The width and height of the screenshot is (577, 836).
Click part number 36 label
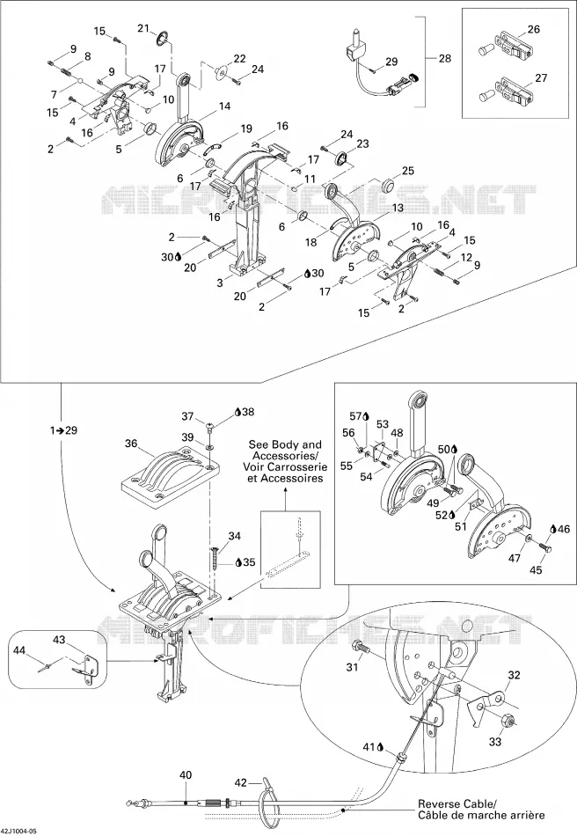[x=132, y=443]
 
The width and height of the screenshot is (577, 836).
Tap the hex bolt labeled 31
[x=364, y=646]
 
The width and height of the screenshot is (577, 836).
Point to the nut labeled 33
[x=508, y=722]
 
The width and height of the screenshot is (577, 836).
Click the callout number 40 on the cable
[x=186, y=775]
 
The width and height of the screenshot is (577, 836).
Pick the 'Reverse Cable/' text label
[x=457, y=803]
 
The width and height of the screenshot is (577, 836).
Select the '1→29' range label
[x=63, y=430]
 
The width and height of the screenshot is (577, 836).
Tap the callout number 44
[x=19, y=650]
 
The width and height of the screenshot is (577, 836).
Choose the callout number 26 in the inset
[x=533, y=29]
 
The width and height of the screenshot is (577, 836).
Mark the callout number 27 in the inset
[x=541, y=77]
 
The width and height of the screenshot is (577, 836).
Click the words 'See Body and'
[x=285, y=444]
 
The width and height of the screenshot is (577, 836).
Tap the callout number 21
[x=144, y=28]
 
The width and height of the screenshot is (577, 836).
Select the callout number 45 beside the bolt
[x=536, y=570]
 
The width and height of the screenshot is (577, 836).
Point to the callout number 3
[x=220, y=283]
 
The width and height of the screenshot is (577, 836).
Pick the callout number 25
[x=407, y=171]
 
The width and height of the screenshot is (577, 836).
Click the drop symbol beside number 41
[x=381, y=747]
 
